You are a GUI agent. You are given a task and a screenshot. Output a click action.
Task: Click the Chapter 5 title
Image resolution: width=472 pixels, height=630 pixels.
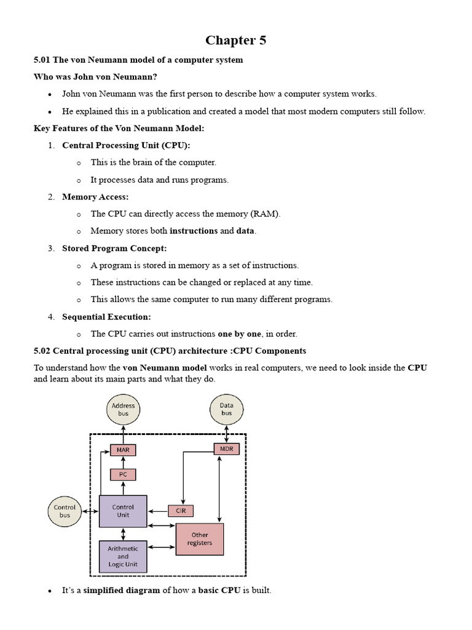click(235, 41)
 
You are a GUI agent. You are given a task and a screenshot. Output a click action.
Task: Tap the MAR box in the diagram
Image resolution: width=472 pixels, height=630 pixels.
click(123, 450)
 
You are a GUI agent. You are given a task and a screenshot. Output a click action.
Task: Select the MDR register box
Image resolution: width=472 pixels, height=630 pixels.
click(226, 449)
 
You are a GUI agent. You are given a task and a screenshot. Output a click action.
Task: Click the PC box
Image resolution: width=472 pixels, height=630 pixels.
click(123, 474)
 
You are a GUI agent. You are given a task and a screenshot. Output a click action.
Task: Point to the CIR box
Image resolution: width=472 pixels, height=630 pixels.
click(181, 511)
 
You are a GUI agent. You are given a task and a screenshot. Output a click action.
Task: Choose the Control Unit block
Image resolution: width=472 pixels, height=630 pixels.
click(123, 511)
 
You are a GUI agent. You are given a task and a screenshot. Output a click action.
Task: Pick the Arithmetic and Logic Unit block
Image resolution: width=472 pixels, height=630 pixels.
click(123, 556)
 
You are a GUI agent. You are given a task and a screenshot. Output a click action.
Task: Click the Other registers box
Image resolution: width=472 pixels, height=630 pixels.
click(200, 539)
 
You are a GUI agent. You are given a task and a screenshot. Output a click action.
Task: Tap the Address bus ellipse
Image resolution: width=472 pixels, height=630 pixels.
click(123, 409)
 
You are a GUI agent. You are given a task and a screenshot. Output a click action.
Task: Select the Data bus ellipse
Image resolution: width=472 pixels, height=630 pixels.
click(226, 409)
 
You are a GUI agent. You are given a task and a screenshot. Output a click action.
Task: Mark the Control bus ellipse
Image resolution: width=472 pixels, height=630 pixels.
click(65, 511)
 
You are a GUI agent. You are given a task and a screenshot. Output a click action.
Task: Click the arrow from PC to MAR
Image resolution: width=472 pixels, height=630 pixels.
click(123, 462)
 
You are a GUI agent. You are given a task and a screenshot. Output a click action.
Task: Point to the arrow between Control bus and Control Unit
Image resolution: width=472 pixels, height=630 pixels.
click(90, 511)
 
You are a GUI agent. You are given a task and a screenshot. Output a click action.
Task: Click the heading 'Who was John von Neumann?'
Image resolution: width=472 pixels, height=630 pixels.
click(95, 77)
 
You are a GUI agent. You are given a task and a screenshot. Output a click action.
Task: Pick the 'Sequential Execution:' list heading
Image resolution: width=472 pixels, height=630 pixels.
click(106, 317)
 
